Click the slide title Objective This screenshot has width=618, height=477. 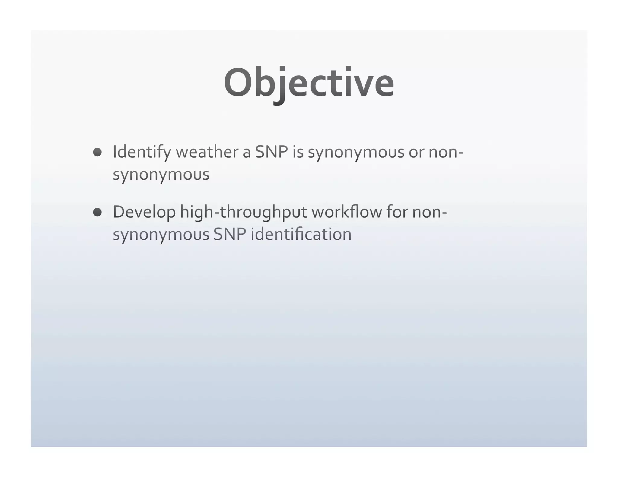point(309,83)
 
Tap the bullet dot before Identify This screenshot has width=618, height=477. point(97,152)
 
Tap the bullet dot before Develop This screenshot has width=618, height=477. point(97,212)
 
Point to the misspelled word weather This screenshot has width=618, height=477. point(207,152)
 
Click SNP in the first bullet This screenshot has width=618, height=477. point(271,152)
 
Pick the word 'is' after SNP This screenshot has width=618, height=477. point(298,152)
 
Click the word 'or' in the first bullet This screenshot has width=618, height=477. point(416,152)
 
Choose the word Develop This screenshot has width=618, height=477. point(144,212)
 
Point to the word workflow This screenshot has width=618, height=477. point(347,212)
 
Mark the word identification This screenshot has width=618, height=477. point(301,234)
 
